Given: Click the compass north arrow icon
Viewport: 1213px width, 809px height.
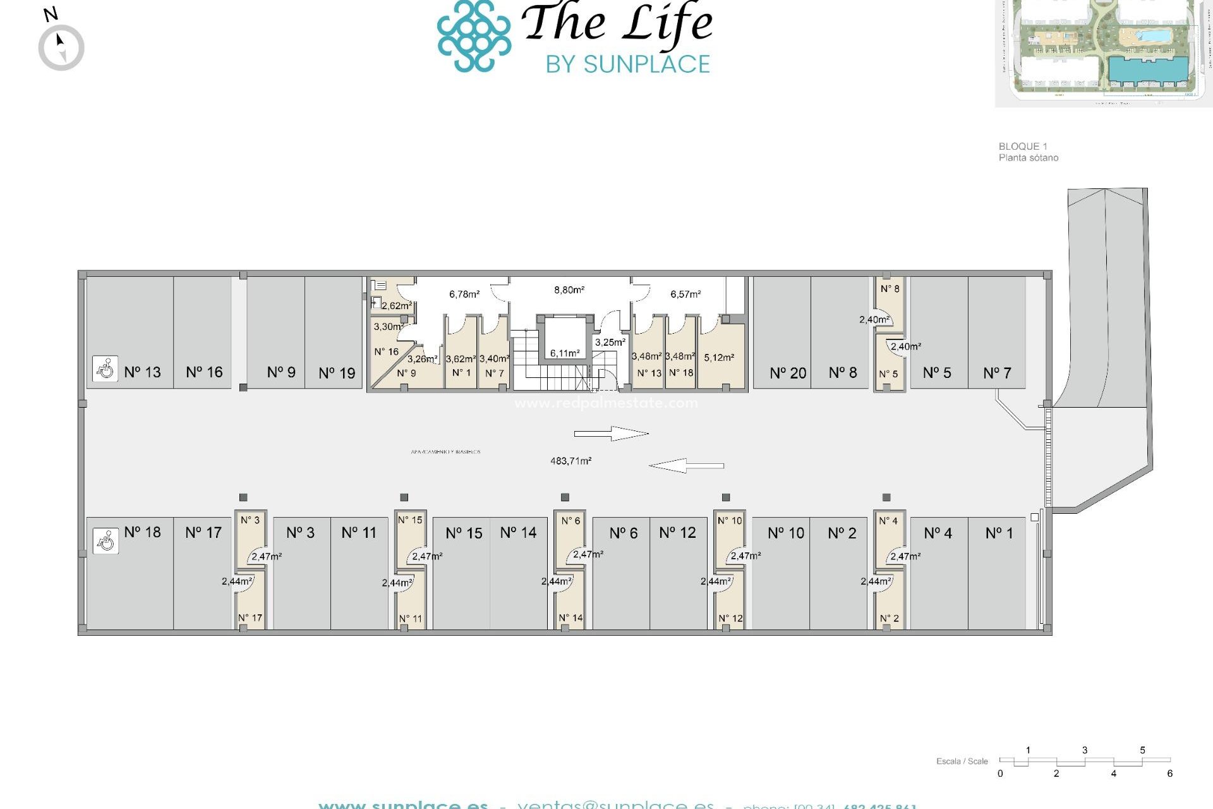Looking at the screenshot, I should (x=61, y=47).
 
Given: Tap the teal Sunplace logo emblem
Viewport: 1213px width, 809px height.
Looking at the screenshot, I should (x=474, y=35).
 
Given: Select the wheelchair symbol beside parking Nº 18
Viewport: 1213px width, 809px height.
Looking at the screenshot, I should (x=106, y=541).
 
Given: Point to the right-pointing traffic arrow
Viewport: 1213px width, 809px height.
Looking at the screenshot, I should (x=611, y=434).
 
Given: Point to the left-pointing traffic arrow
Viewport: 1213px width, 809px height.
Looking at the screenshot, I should (x=686, y=466).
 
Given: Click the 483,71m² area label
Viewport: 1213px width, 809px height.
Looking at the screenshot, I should (x=570, y=461).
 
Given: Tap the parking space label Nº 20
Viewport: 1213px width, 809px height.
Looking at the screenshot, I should (x=788, y=374).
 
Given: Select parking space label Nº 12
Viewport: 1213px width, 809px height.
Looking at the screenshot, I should (x=677, y=533).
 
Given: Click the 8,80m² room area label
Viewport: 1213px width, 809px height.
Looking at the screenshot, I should (x=569, y=290).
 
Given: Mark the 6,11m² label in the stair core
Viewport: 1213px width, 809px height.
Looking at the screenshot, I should (x=564, y=353).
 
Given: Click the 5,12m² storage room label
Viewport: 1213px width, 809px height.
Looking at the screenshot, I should (x=719, y=358).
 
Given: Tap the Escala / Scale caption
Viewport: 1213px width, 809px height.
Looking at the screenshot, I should (x=962, y=761).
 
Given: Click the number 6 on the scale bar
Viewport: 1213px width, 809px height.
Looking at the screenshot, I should (x=1169, y=774).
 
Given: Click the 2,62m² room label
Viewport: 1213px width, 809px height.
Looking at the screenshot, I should (x=397, y=306).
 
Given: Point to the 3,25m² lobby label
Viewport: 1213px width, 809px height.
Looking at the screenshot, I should (x=610, y=343).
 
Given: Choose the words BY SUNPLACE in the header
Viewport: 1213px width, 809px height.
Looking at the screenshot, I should (x=628, y=64).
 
